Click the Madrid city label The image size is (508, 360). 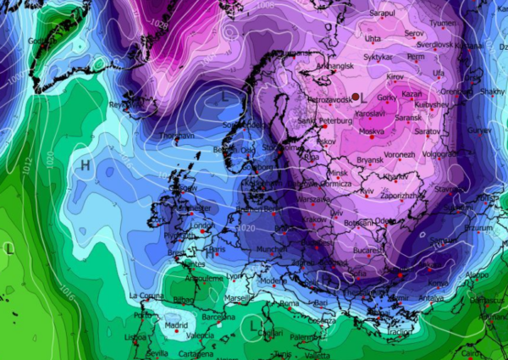click(x=175, y=325)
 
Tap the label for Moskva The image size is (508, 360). click(x=372, y=132)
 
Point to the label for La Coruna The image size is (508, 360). click(x=146, y=295)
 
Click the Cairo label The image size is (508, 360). click(x=483, y=352)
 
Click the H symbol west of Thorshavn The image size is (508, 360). click(x=85, y=166)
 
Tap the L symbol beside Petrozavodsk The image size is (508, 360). click(x=366, y=98)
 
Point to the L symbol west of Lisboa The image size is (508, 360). click(x=8, y=249)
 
